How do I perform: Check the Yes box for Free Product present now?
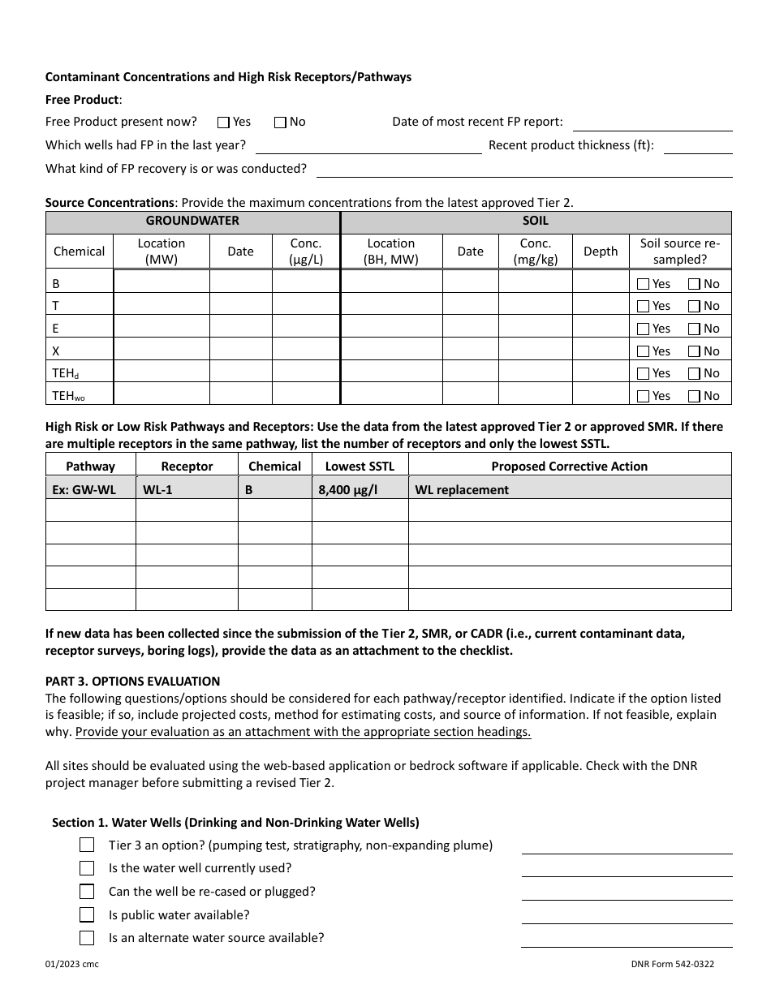click(224, 123)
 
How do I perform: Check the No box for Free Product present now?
click(280, 123)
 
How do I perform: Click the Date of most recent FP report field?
click(653, 123)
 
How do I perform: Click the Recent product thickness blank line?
click(699, 146)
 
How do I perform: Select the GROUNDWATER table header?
click(192, 221)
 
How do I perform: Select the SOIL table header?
click(536, 221)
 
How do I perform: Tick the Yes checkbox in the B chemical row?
click(644, 284)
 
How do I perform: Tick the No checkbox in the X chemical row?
click(694, 351)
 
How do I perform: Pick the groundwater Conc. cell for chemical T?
click(305, 305)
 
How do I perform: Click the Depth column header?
click(601, 252)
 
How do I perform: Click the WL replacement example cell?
click(462, 490)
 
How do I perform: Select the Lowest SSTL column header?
click(360, 467)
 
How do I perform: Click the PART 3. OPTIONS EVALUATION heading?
click(132, 682)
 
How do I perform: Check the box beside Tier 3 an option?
click(87, 845)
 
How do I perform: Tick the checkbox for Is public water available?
click(87, 914)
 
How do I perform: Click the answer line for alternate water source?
click(627, 939)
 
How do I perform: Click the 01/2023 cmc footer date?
click(72, 964)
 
